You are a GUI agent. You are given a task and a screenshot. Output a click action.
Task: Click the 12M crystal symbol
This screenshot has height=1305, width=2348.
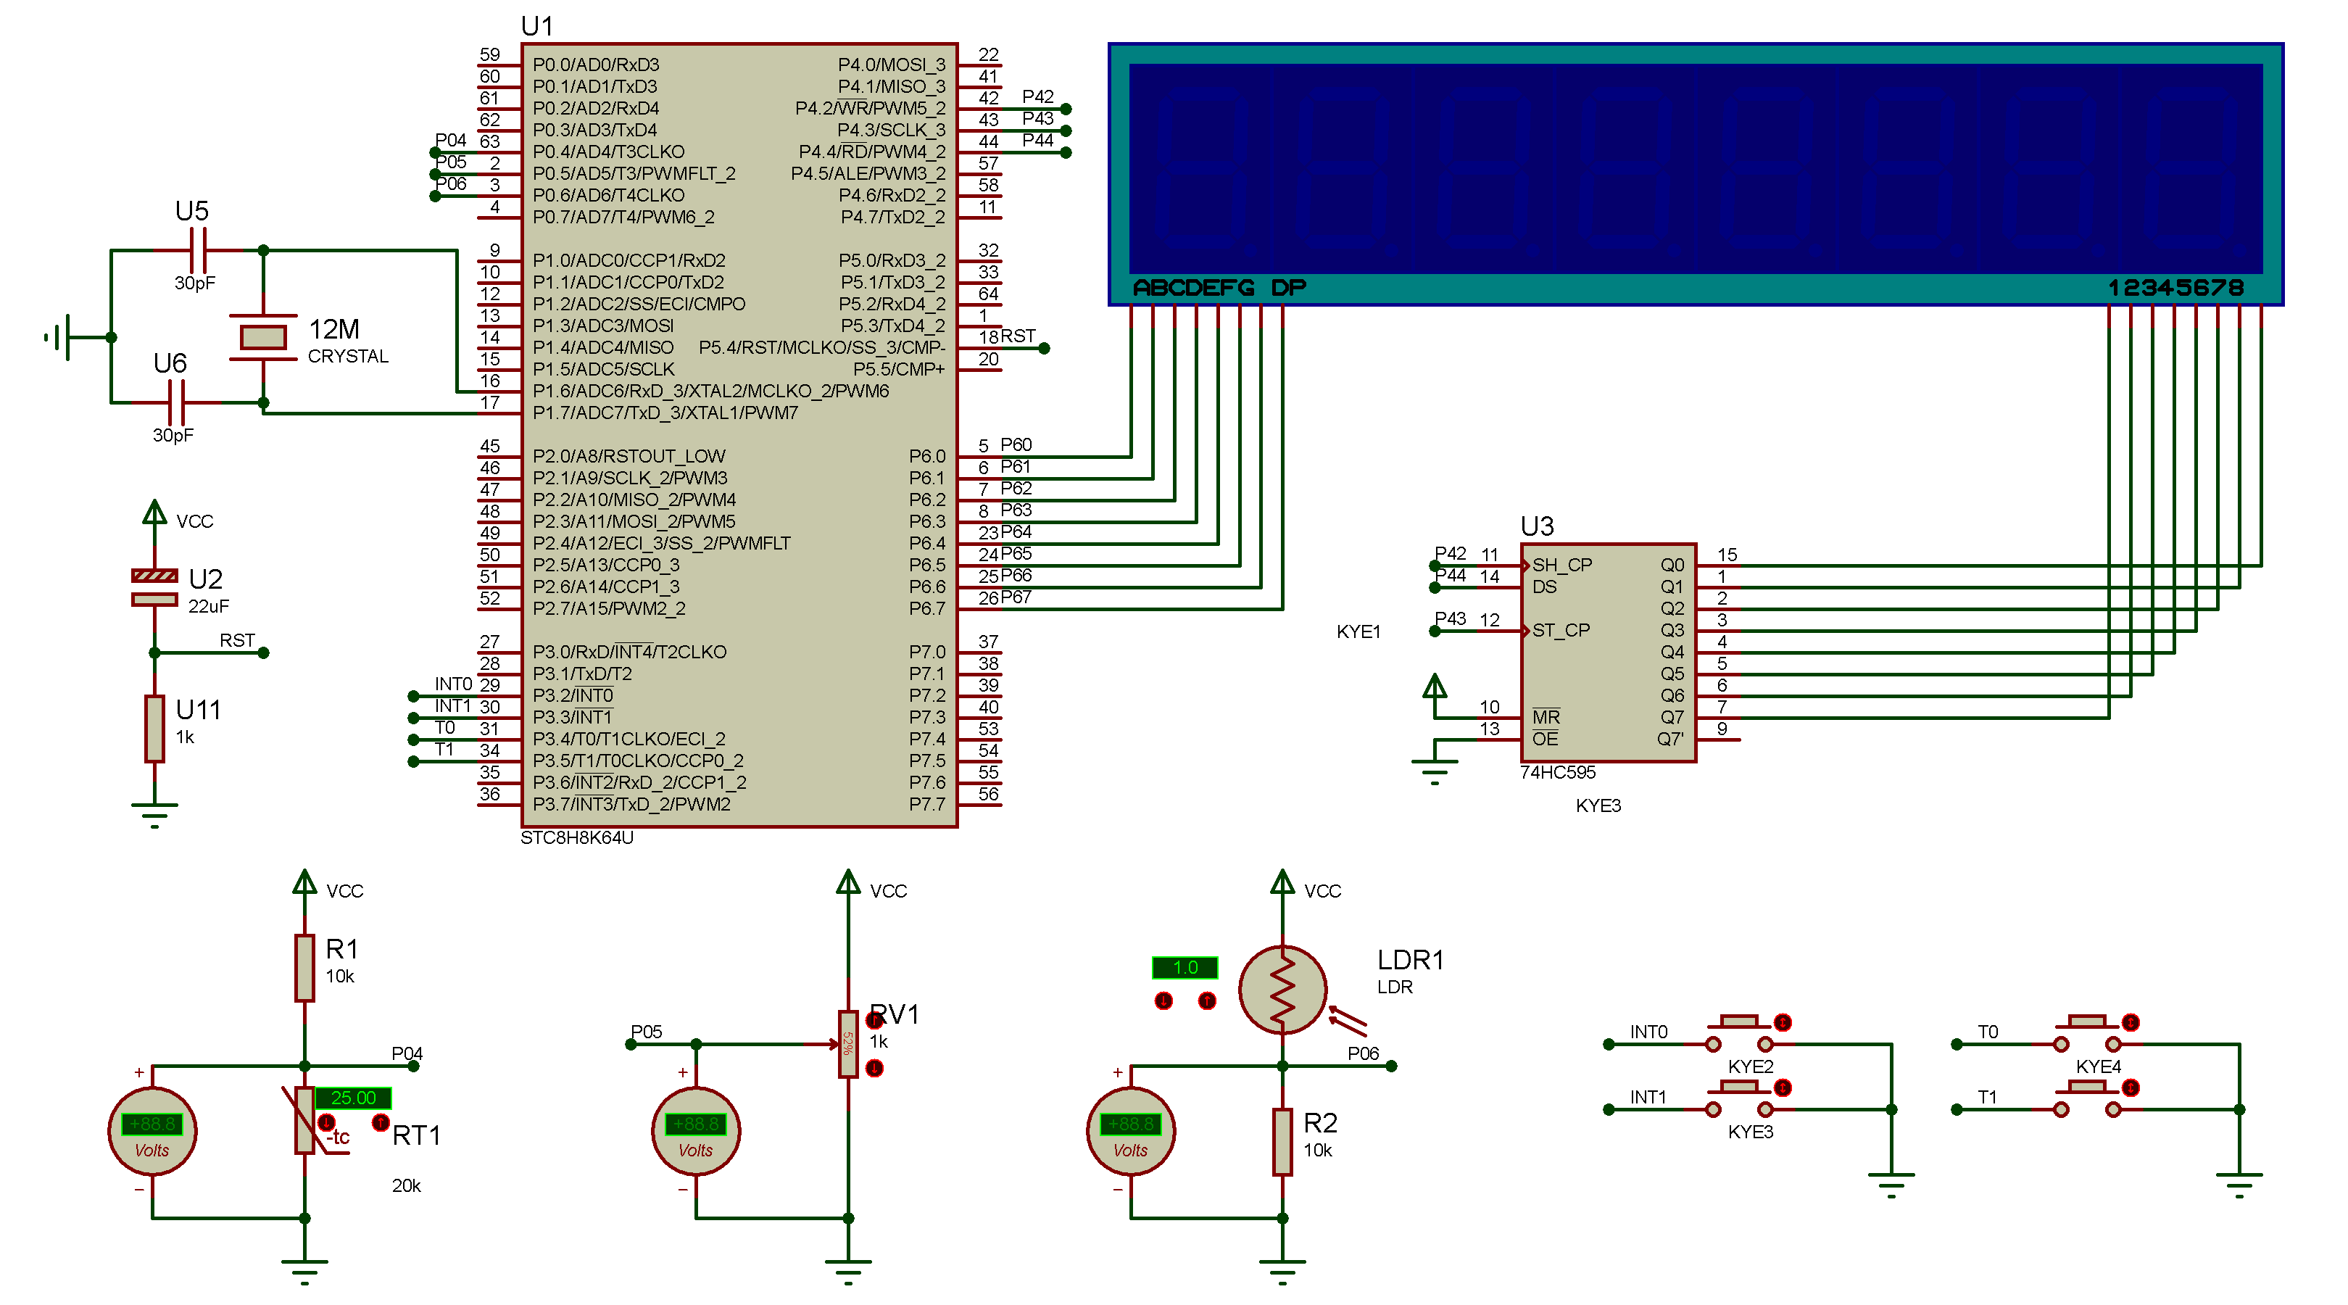tap(262, 337)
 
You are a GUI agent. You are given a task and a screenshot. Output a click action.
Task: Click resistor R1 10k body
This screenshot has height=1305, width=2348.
tap(304, 968)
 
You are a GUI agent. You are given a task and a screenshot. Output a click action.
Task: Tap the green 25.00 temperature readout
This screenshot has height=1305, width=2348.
tap(353, 1097)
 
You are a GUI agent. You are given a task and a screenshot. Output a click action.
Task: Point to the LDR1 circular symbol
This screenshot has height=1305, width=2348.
tap(1282, 990)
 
